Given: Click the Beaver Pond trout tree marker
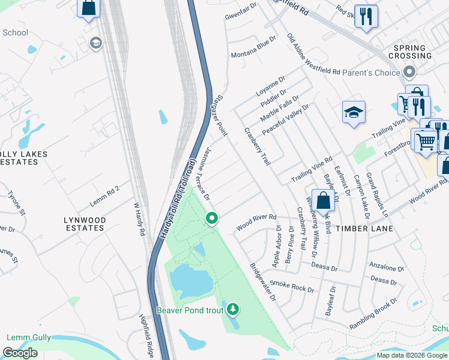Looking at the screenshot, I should (233, 310).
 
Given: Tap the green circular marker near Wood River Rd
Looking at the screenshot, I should (211, 218).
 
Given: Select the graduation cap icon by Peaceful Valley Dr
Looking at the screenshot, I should (354, 112).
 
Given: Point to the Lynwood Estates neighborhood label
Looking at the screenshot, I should (85, 224).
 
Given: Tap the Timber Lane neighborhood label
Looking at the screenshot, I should (364, 229).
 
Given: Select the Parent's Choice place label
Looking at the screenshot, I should (371, 73).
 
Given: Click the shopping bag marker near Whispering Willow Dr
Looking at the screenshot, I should (323, 201).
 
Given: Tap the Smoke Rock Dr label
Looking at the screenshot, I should (292, 286).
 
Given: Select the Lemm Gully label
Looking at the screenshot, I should (28, 338).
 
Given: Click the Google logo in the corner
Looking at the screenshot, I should (20, 352).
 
